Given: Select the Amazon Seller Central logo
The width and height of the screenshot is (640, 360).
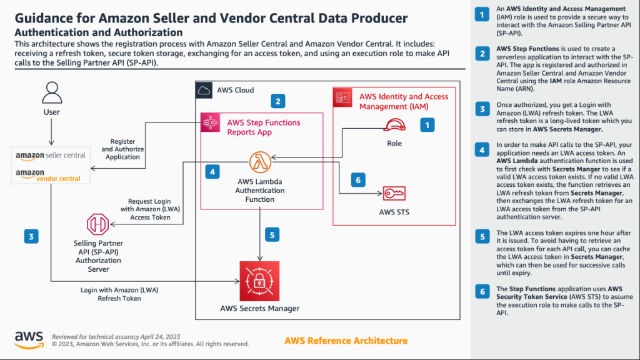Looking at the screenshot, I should coord(51,155).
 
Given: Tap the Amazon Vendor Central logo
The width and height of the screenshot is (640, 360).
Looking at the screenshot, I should coord(51,174).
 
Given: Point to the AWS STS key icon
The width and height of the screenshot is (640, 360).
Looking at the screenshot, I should coord(394,194).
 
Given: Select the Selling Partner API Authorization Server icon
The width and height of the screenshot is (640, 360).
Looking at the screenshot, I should coord(98,224).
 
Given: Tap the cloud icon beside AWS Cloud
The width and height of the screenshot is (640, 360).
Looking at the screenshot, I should coord(204,90).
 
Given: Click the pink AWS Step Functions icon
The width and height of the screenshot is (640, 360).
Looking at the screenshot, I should coord(209,122).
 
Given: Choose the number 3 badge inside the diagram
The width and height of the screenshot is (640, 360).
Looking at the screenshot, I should coord(31,236).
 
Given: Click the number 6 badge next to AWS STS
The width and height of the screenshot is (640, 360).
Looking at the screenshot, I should coord(357,180).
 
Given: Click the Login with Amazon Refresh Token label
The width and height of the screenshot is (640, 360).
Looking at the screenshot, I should coord(111,294).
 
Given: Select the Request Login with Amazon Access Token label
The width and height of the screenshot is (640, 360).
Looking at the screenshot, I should coord(149,209).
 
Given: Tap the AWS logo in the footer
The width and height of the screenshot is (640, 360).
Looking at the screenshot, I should coord(29,338).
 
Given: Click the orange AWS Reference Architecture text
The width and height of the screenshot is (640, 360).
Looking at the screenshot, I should coord(346,341).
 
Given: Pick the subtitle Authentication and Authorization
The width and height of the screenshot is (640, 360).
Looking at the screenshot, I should coord(99,32).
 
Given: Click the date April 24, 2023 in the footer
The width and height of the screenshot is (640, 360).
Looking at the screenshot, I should coord(152,336).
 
